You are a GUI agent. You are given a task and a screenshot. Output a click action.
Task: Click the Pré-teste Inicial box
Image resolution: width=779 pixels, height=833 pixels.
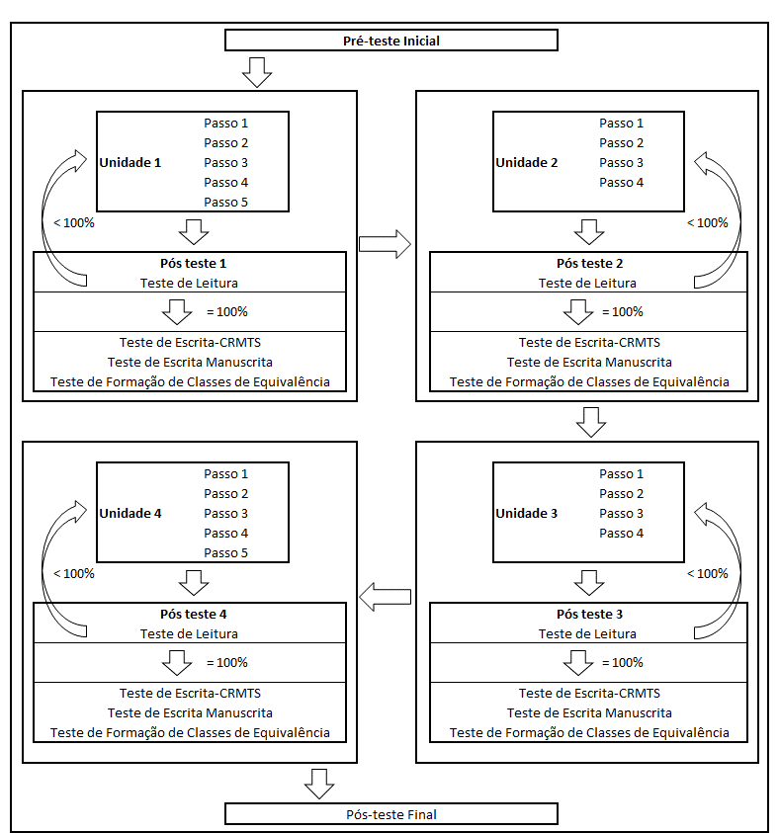[391, 41]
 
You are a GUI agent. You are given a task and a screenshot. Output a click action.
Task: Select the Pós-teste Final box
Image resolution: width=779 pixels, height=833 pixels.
[391, 814]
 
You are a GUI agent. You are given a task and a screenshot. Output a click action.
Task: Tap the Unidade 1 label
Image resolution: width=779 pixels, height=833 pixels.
[130, 162]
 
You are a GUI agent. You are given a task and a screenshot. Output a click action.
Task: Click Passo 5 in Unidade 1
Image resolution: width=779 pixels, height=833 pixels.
[226, 203]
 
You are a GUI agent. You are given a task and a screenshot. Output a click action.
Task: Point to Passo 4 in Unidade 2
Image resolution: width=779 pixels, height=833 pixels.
[621, 182]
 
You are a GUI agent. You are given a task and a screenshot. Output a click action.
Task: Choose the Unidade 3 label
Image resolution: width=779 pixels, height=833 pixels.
[526, 513]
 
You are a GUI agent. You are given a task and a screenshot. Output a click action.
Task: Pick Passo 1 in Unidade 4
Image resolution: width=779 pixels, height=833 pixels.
[226, 473]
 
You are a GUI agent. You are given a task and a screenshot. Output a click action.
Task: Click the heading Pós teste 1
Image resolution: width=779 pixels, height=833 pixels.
[193, 264]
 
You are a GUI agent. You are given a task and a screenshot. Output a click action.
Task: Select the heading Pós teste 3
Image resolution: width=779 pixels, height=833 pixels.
[589, 615]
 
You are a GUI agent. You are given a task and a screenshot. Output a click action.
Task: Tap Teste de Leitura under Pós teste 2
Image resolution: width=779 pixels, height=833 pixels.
[587, 283]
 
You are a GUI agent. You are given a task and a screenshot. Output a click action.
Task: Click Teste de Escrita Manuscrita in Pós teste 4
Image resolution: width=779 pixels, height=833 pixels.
[190, 712]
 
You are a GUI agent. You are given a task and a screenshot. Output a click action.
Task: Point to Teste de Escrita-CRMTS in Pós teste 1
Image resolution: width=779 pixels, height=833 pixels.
[190, 342]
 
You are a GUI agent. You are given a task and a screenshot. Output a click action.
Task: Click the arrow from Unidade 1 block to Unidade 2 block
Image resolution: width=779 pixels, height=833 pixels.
[385, 244]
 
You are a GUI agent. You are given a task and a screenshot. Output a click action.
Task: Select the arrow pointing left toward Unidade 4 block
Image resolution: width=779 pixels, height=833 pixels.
[385, 596]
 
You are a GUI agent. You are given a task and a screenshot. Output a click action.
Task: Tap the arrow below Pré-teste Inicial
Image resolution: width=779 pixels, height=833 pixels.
[256, 71]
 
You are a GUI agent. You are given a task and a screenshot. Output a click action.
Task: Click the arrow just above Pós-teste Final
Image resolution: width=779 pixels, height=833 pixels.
[319, 782]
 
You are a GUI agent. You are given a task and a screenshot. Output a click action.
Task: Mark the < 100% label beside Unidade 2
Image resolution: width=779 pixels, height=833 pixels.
[707, 222]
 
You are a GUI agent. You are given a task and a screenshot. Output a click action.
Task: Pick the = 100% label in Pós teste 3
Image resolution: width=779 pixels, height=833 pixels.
[623, 662]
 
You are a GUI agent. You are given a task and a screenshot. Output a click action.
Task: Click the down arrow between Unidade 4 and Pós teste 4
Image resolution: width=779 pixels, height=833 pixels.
[194, 581]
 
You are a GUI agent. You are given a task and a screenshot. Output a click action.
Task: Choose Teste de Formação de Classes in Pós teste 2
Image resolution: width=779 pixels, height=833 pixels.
[589, 381]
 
